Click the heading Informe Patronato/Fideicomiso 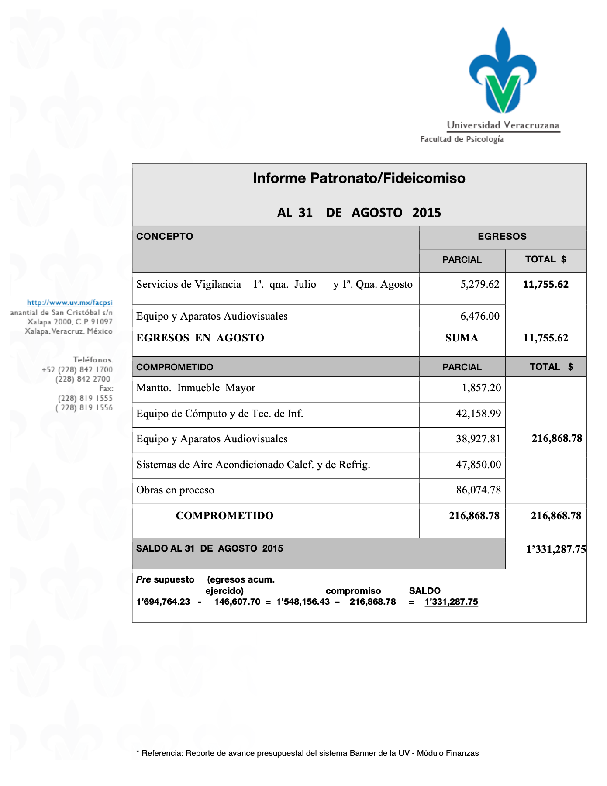359,178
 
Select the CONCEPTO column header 165,237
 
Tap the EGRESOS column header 502,237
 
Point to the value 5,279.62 479,285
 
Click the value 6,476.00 479,316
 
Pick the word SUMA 462,338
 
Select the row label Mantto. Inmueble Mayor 196,388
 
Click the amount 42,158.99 478,414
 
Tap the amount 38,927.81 478,439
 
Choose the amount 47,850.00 478,465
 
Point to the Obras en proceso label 175,490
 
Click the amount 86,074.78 478,490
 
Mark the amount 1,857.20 481,388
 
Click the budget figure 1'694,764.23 163,602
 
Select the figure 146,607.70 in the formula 237,602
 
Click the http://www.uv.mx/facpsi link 70,303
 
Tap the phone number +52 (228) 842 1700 77,370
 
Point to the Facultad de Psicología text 462,139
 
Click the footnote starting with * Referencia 307,753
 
